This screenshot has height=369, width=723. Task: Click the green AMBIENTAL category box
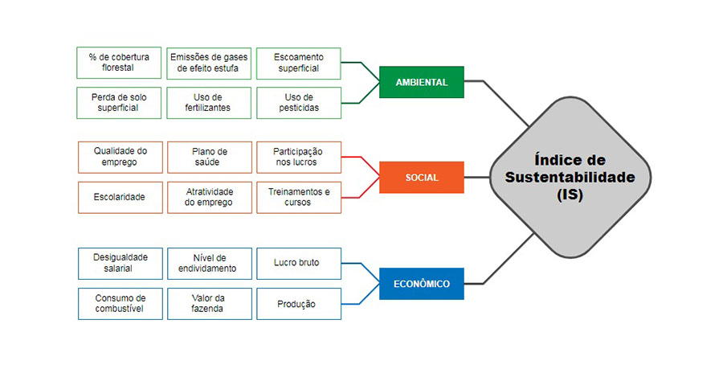point(421,82)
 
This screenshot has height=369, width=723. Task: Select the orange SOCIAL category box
point(421,177)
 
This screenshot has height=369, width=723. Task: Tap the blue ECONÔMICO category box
point(421,284)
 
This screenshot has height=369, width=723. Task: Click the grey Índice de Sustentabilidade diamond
point(570,177)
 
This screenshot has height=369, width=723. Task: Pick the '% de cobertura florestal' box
point(118,63)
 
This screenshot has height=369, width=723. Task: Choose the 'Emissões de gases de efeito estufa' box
point(209,63)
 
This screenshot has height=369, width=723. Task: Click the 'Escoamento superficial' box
point(298,63)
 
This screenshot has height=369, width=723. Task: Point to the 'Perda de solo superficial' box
point(118,102)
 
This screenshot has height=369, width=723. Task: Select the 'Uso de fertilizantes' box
point(209,102)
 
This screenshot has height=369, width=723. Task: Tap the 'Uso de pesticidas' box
point(298,102)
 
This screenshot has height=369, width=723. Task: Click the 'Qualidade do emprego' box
point(120,157)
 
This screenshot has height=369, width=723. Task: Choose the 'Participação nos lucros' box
point(298,157)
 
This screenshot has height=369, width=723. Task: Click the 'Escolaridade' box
point(120,197)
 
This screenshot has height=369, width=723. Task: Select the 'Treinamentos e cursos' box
point(298,197)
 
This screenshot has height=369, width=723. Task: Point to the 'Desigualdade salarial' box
point(120,263)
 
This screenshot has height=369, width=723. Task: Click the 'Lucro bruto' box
point(298,263)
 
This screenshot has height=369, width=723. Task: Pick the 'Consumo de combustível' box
point(120,303)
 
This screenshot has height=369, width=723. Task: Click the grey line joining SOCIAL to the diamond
point(476,177)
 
